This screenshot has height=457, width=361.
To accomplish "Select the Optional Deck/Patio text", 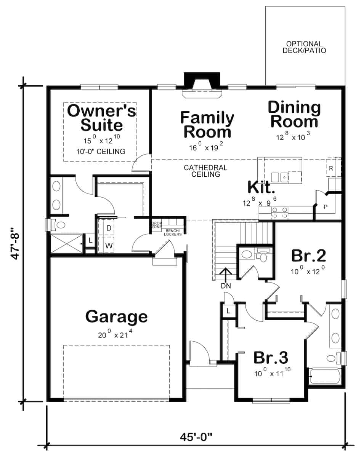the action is [x=304, y=47].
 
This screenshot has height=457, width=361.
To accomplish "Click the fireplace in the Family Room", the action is [x=202, y=85].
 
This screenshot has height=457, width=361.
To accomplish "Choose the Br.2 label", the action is [x=308, y=256].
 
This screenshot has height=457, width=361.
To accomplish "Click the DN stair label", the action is [x=226, y=286].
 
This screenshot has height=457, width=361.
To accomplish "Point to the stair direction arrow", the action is [x=226, y=275].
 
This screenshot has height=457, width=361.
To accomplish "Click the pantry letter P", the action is [x=326, y=207].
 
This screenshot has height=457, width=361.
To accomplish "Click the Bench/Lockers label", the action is [x=173, y=232].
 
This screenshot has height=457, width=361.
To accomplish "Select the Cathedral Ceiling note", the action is [x=205, y=171].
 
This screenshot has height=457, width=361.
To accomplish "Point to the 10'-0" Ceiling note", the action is [x=101, y=152].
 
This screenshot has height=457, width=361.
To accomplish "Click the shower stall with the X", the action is [x=67, y=243].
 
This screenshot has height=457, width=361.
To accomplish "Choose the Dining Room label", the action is [x=295, y=115].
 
